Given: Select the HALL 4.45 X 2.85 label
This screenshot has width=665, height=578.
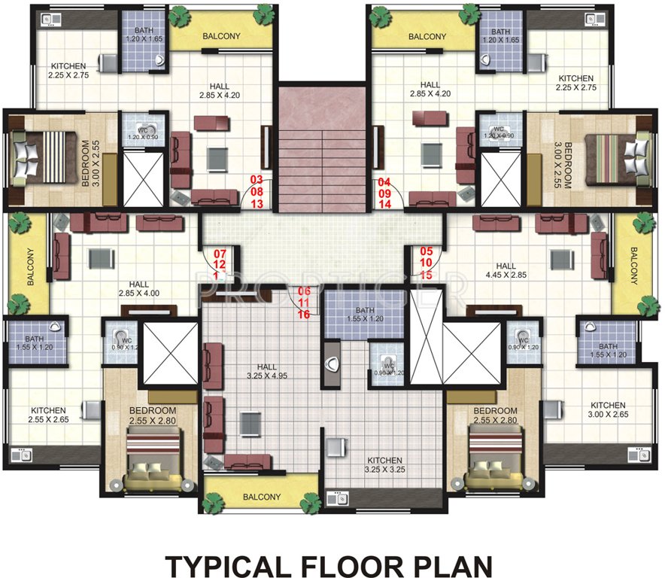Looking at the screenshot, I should (506, 271).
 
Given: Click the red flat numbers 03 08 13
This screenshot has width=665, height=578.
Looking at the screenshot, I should (257, 191).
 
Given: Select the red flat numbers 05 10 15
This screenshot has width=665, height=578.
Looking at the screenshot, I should (427, 263).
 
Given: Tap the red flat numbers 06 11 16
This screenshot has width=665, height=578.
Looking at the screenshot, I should (304, 303).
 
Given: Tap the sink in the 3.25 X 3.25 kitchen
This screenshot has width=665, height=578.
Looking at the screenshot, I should (336, 498).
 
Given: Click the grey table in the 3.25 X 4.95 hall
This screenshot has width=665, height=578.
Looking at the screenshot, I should (251, 423).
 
